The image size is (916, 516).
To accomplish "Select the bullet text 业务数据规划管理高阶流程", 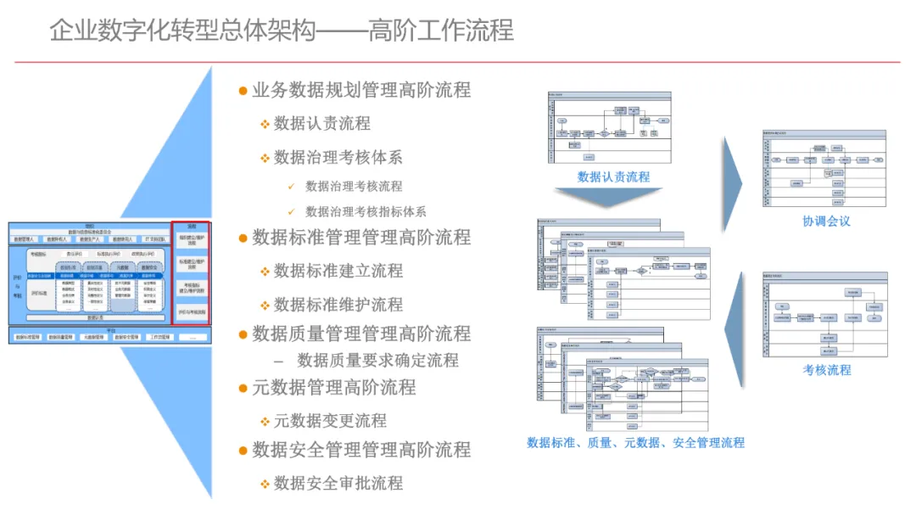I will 360,90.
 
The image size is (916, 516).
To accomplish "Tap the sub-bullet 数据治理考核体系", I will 338,157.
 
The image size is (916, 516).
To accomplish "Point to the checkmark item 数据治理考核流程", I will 354,186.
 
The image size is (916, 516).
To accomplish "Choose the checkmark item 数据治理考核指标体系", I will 366,211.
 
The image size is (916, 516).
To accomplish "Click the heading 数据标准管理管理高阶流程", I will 360,237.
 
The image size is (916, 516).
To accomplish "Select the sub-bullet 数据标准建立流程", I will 338,271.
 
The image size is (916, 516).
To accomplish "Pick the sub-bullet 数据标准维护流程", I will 338,304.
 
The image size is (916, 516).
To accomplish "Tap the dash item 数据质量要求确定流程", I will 377,360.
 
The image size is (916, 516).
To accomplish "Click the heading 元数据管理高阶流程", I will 333,388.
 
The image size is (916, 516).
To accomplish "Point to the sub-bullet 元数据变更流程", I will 329,420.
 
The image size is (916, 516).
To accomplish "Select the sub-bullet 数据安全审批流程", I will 338,483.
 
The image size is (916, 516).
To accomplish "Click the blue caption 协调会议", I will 826,222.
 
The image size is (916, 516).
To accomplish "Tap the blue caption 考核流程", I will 827,370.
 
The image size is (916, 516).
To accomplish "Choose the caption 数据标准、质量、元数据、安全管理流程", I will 635,442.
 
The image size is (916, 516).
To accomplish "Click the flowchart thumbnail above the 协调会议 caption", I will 824,168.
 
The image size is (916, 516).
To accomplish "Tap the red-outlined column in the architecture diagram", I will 191,273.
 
